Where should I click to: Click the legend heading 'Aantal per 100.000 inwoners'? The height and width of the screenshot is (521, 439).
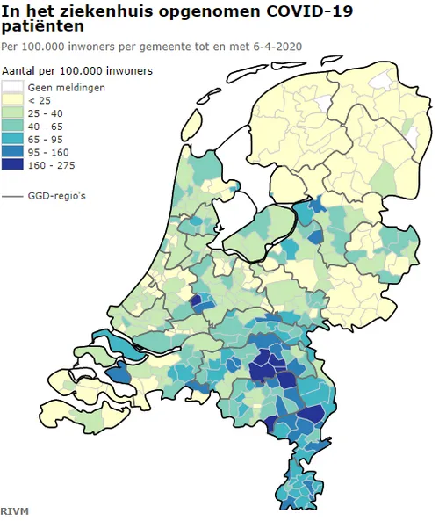coord(76,69)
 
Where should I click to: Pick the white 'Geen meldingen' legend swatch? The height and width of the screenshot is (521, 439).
coord(12,87)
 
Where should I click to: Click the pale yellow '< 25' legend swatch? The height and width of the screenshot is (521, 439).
coord(12,100)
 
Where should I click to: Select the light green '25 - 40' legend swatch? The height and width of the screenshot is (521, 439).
coord(12,113)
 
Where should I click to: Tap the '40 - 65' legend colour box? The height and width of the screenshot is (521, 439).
coord(12,127)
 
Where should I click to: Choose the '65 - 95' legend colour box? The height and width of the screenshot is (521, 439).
coord(12,139)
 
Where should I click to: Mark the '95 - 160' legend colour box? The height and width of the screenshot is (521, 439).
coord(12,152)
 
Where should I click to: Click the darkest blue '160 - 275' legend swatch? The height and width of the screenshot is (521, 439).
coord(12,164)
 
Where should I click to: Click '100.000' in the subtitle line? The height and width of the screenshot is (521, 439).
coord(40,45)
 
